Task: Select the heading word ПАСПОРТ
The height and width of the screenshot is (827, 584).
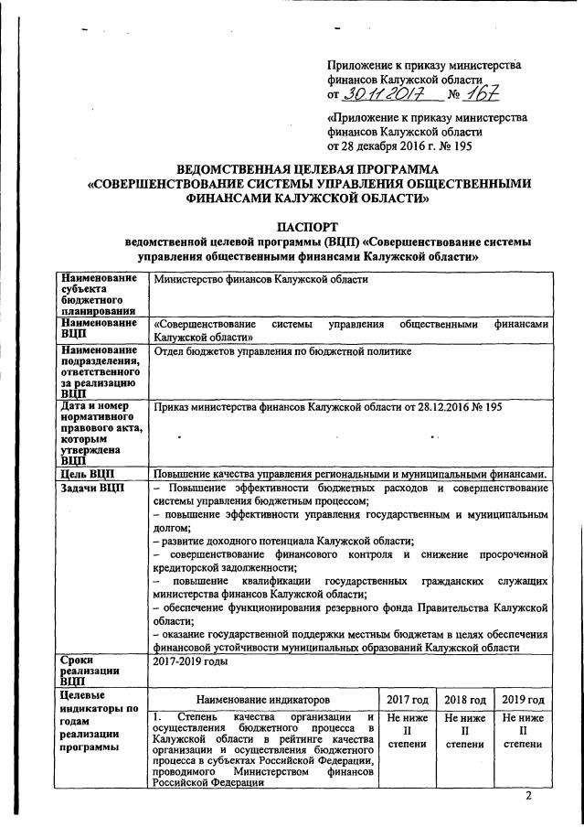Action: [301, 226]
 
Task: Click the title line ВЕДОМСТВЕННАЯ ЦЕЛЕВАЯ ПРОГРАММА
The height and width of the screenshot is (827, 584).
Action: [307, 169]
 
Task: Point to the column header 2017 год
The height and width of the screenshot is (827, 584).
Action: [408, 699]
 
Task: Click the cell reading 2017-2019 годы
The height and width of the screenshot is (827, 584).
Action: [191, 661]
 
